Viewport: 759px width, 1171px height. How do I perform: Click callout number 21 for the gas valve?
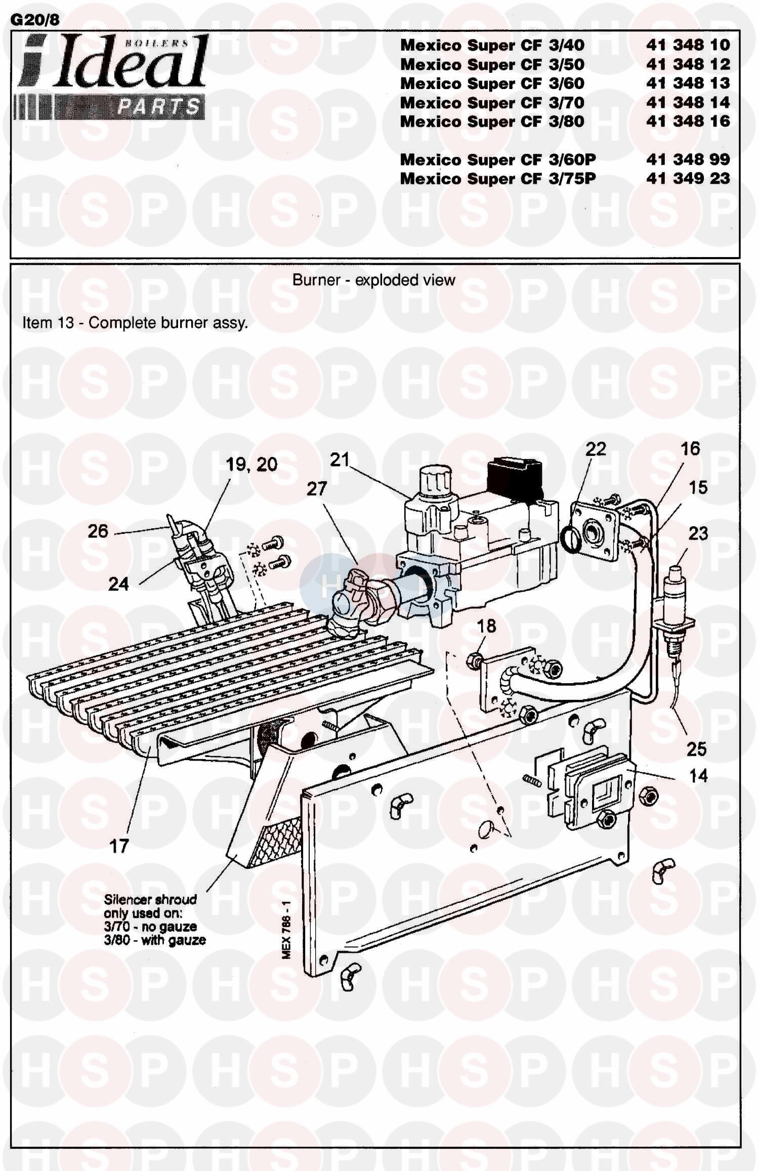point(340,459)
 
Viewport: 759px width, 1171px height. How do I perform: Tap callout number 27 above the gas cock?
point(317,489)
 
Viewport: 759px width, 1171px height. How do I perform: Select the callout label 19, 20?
point(251,465)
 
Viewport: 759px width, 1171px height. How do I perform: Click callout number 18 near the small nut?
point(486,626)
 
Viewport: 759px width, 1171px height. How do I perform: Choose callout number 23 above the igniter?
point(698,533)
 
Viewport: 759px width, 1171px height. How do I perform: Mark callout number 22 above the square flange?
point(596,449)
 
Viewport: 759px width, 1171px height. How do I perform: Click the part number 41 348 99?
point(688,159)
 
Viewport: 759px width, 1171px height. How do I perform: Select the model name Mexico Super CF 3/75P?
point(498,179)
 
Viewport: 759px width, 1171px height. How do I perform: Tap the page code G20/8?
point(35,19)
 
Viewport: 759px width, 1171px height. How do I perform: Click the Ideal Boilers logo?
point(111,76)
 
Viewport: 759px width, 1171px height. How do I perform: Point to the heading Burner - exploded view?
point(374,280)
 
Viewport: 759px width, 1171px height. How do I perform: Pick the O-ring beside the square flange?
point(570,534)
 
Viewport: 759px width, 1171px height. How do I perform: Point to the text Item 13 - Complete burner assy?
point(135,323)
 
